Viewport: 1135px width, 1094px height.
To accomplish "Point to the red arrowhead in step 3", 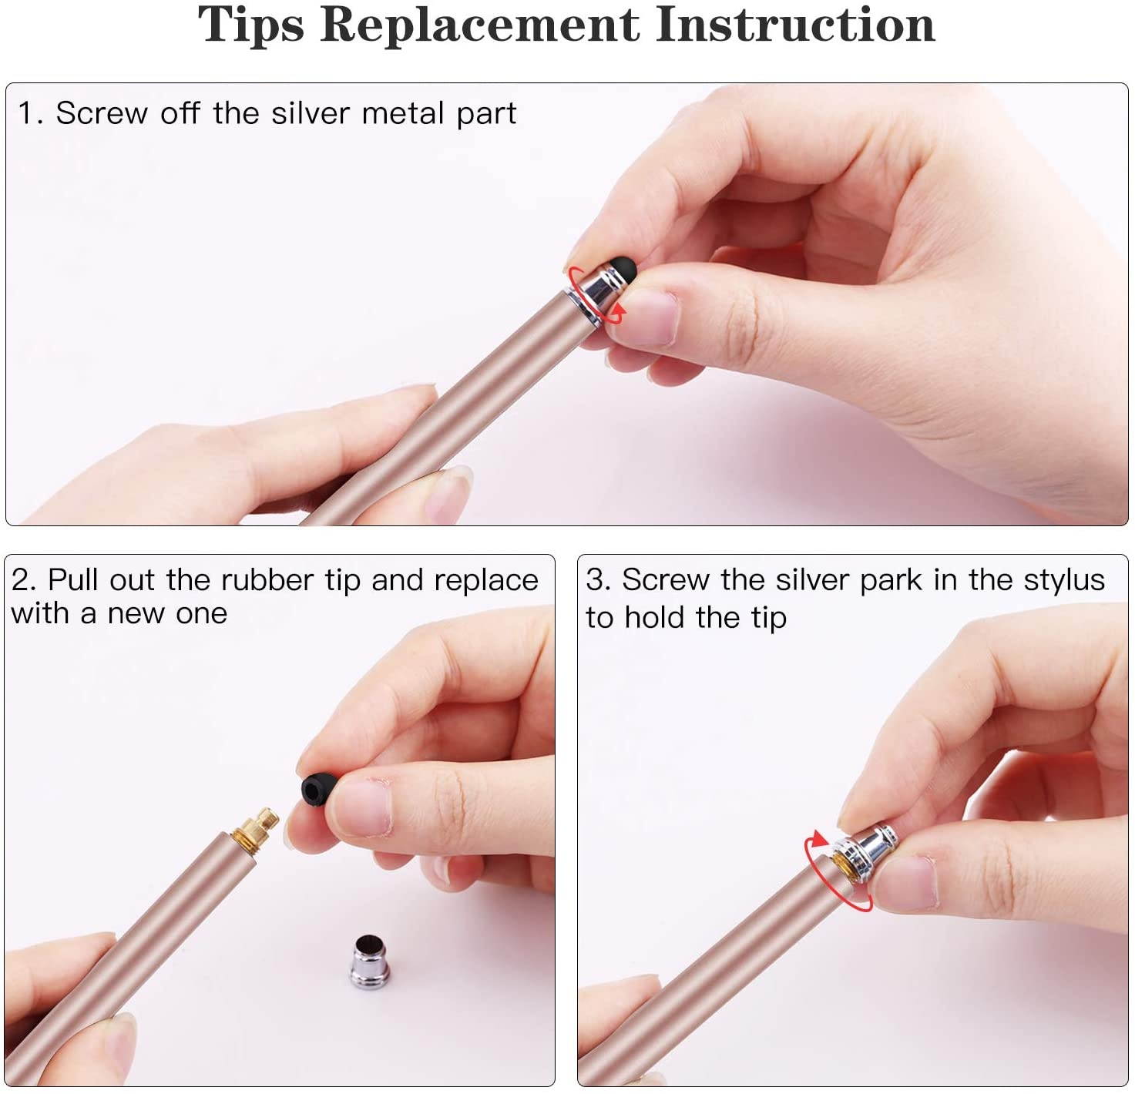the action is click(x=819, y=840).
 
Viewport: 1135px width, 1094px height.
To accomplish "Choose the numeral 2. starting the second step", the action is click(x=24, y=580).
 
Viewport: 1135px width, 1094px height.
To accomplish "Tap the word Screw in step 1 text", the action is click(x=102, y=112).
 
